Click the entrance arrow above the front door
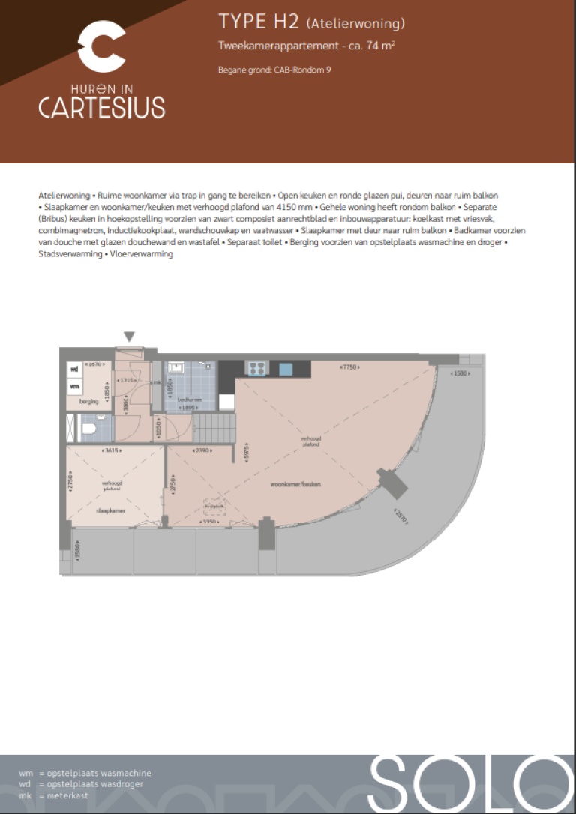(130, 337)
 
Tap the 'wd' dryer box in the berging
(74, 370)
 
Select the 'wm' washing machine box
(74, 386)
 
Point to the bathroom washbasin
(176, 368)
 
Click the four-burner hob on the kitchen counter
(256, 368)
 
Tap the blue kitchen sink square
(286, 368)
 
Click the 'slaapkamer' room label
(112, 510)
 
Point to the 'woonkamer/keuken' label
(296, 486)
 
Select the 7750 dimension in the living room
(349, 367)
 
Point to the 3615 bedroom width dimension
(112, 451)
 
